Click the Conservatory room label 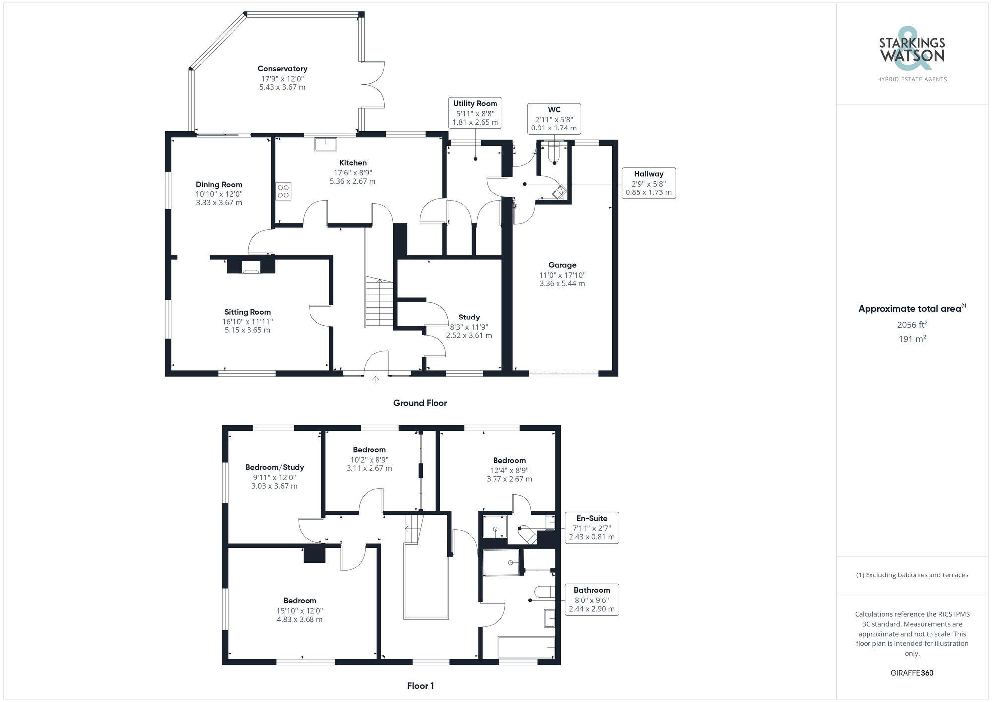(282, 69)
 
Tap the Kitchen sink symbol (325, 144)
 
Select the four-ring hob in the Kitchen (284, 191)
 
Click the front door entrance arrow (376, 380)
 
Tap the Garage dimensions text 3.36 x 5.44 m (562, 284)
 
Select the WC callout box (554, 119)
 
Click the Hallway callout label (648, 174)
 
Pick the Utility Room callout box (475, 113)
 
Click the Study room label (469, 317)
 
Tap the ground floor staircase (379, 303)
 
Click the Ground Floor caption (420, 403)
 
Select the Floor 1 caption (420, 686)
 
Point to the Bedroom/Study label (274, 467)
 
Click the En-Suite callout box (592, 527)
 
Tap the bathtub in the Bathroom (526, 647)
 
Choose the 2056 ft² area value (912, 325)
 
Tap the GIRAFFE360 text (912, 673)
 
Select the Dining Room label (219, 185)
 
